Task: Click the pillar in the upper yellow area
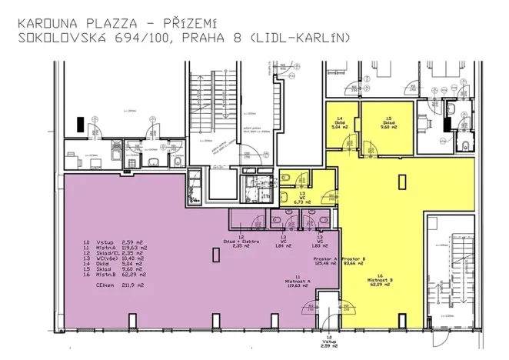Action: point(400,182)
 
